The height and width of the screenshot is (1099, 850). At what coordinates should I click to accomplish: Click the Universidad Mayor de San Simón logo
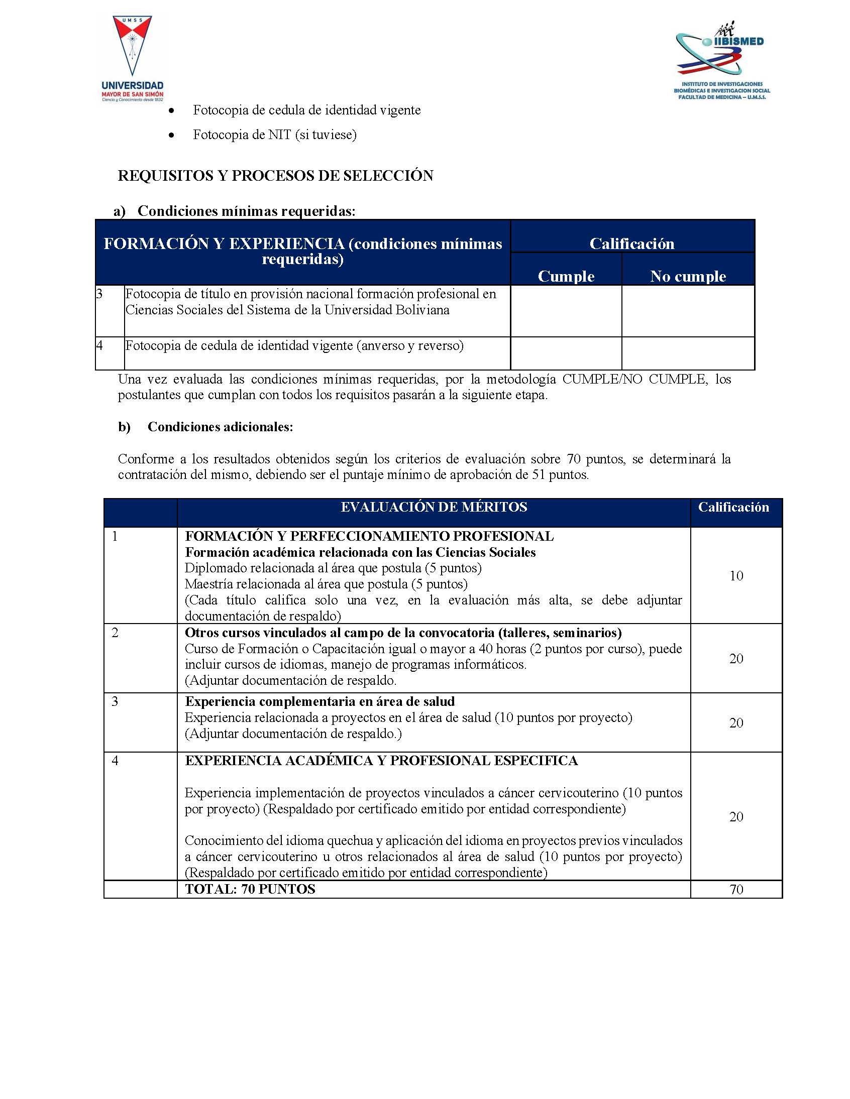[133, 58]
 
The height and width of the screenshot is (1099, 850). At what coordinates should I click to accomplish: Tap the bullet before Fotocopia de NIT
[172, 136]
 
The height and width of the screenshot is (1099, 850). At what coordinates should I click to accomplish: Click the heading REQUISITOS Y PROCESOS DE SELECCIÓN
[275, 176]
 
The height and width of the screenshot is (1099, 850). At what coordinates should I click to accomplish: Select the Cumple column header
[566, 276]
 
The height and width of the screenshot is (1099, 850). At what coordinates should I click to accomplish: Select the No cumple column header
[688, 276]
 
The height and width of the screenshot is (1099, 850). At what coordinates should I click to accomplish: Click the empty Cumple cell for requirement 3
[566, 310]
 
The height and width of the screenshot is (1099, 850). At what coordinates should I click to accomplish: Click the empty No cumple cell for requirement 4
[688, 353]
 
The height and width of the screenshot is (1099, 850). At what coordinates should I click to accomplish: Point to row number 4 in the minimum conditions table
[100, 346]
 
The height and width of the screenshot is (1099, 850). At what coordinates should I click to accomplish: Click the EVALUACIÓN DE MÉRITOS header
[434, 507]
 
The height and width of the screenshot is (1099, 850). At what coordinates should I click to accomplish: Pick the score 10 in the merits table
[736, 576]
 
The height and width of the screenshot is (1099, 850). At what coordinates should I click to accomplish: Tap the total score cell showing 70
[736, 889]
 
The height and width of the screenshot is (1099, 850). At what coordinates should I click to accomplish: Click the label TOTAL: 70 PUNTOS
[250, 889]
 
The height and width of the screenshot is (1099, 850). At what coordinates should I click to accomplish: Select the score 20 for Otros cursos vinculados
[736, 658]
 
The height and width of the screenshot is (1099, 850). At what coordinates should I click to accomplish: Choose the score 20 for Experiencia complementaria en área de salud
[736, 722]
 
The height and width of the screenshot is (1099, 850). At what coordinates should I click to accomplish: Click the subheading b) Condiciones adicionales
[205, 427]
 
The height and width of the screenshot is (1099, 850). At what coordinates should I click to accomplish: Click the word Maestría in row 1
[208, 584]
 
